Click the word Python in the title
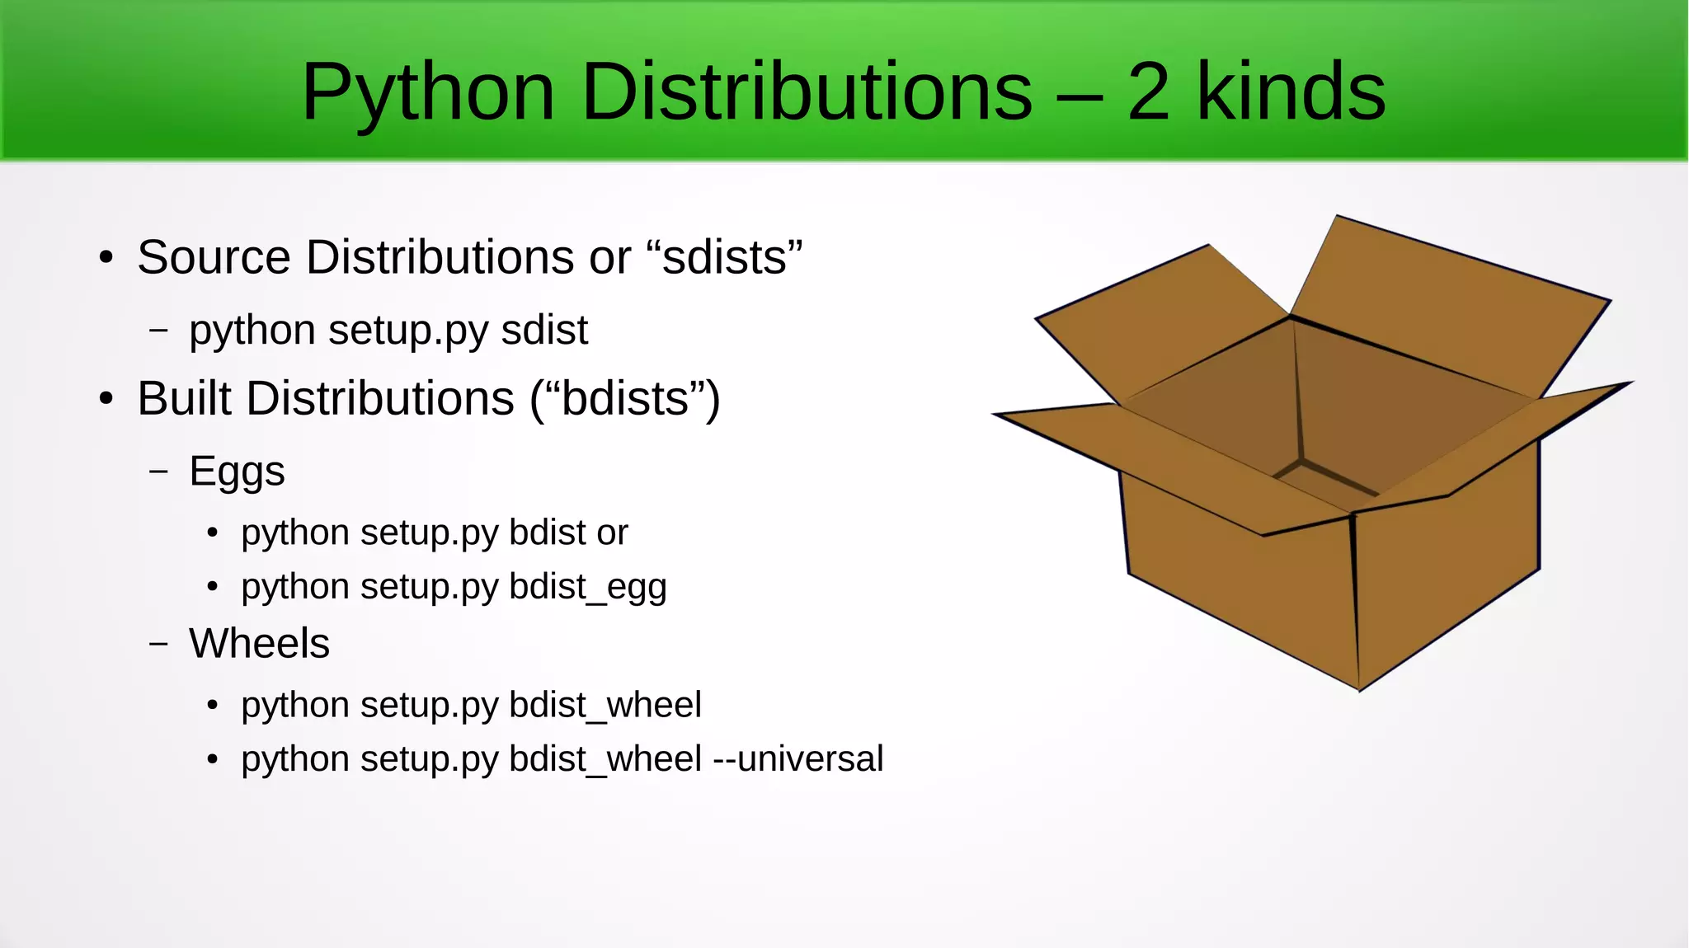[x=428, y=92]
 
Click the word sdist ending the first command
[x=544, y=330]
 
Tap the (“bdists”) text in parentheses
[x=625, y=399]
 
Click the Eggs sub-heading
[x=237, y=472]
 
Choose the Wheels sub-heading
[x=259, y=643]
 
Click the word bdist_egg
[x=588, y=588]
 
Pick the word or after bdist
[x=613, y=533]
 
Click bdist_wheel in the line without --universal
[x=605, y=706]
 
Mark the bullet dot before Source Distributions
[x=106, y=258]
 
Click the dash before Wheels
[x=158, y=643]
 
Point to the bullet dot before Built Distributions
[x=106, y=400]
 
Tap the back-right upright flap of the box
[x=1451, y=313]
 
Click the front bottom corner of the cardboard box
[x=1359, y=688]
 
